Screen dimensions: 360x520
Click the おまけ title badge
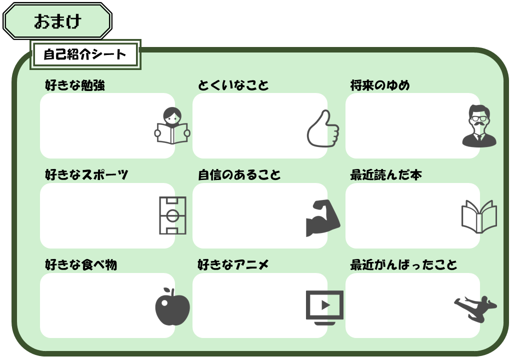57,21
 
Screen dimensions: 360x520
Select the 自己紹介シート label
85,54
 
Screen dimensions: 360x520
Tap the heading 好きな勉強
75,85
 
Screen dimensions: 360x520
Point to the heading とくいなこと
233,85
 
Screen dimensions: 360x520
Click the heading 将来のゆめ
380,85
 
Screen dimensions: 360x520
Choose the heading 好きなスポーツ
86,175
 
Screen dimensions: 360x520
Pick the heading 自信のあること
239,175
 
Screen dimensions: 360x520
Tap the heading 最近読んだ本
386,175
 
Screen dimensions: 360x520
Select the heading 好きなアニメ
233,264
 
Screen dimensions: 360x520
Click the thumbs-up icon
323,129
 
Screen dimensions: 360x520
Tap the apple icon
172,306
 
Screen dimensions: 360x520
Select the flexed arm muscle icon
322,218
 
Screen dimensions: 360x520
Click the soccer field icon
172,215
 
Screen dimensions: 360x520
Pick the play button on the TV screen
325,304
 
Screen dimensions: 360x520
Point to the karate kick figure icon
475,308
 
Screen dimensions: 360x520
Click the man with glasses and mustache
479,126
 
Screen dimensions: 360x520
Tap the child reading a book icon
172,126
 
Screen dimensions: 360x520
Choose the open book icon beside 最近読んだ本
479,216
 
